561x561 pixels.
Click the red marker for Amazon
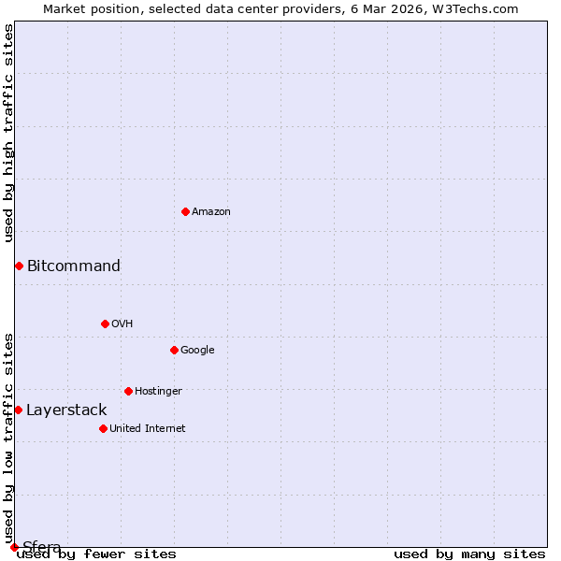[185, 211]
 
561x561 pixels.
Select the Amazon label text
[211, 211]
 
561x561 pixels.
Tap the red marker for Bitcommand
[19, 266]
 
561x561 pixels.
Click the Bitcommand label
[74, 266]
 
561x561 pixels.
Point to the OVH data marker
[105, 324]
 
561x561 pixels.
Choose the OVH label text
[122, 324]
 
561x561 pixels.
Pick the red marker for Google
[174, 350]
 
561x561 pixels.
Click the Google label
[197, 350]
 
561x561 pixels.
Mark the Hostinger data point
[128, 391]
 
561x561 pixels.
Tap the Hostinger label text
[158, 391]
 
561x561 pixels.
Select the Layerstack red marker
[18, 410]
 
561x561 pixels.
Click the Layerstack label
[66, 410]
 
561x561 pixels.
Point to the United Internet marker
[103, 428]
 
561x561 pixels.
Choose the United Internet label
[148, 428]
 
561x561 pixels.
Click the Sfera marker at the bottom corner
[14, 547]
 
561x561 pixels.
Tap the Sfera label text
[42, 547]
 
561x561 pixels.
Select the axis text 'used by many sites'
[469, 554]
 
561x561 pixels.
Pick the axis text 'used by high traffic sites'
[9, 133]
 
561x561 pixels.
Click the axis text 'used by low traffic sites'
[9, 438]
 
